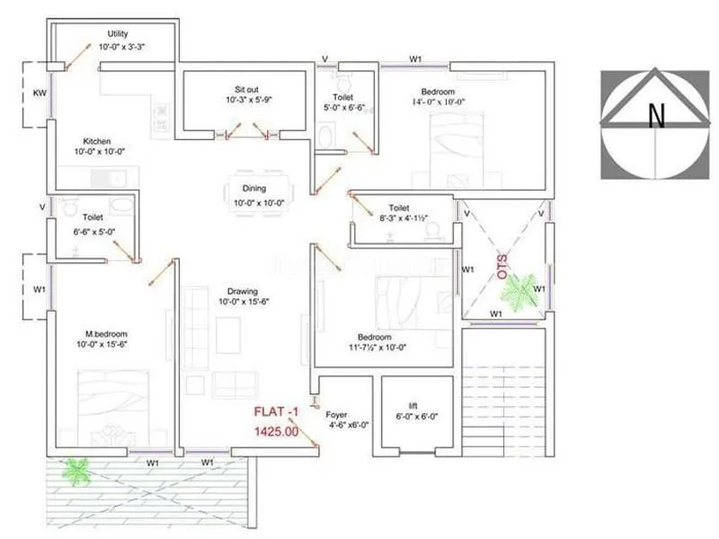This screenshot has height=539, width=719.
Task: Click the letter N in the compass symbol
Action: [657, 114]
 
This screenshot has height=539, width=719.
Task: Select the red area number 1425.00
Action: [276, 431]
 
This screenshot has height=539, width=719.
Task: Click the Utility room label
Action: [118, 33]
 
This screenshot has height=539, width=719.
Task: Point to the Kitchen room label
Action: [97, 141]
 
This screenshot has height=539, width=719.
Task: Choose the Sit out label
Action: [242, 90]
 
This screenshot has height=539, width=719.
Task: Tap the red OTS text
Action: [502, 267]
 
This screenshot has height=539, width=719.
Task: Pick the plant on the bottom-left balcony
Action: [75, 470]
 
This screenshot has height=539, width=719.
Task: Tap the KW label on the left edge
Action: [40, 93]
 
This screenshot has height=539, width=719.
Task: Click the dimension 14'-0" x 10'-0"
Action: [438, 102]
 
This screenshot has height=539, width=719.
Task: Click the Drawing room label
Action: [243, 291]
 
